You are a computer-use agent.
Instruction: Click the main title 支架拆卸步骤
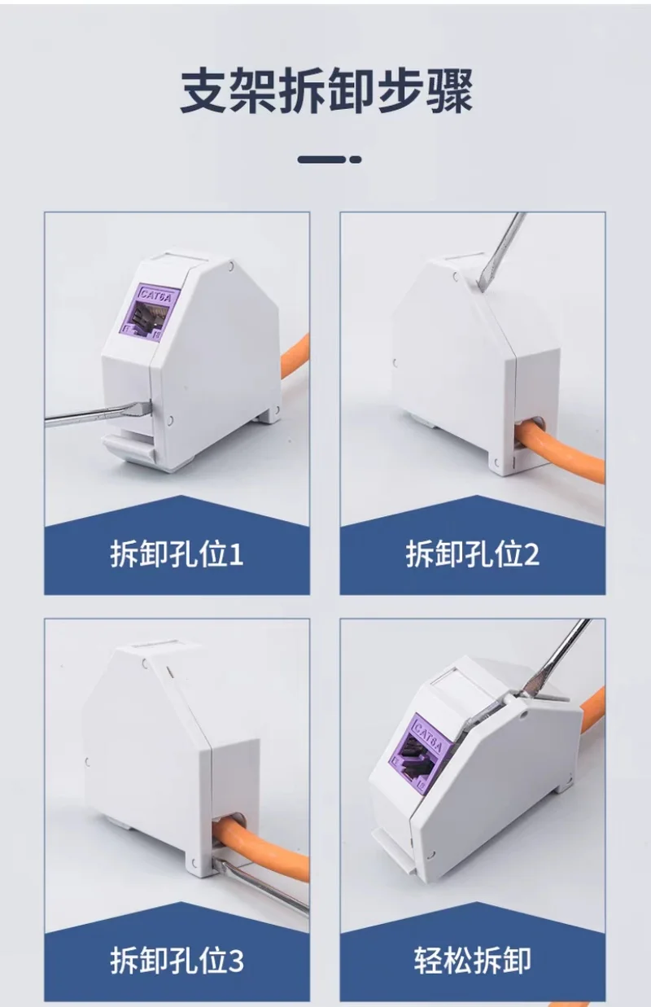tap(326, 90)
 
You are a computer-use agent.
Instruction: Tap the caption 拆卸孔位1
tap(177, 554)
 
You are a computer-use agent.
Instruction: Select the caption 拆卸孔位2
tap(473, 554)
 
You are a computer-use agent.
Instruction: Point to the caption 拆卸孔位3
tap(177, 960)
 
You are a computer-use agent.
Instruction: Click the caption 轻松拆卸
tap(473, 960)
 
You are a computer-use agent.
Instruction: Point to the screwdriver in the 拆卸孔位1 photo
tap(98, 412)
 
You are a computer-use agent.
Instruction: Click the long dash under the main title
tap(322, 160)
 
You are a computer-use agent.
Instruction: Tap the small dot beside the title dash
tap(356, 160)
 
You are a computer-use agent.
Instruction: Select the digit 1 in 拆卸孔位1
tap(236, 554)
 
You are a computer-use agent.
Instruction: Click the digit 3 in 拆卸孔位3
tap(236, 961)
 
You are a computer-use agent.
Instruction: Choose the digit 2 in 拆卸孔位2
tap(532, 554)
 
